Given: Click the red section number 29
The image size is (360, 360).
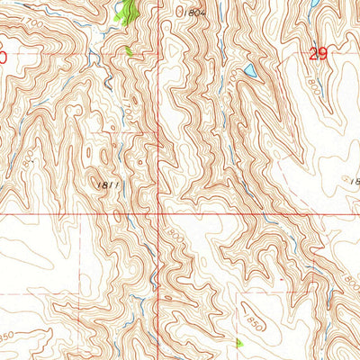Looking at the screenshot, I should pos(316,54).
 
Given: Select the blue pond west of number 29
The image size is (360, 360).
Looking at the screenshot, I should pos(249,70).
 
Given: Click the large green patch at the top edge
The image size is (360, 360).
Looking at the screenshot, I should pos(127,12).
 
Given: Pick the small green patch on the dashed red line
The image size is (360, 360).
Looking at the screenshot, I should pos(130,51).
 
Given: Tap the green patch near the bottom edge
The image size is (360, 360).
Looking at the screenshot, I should pos(238,343).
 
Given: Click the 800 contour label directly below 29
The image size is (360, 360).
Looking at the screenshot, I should pos(314,90).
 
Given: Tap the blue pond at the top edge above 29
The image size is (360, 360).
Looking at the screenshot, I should pos(310,4).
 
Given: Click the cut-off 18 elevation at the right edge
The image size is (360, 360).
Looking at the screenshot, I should pos(354,181).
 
